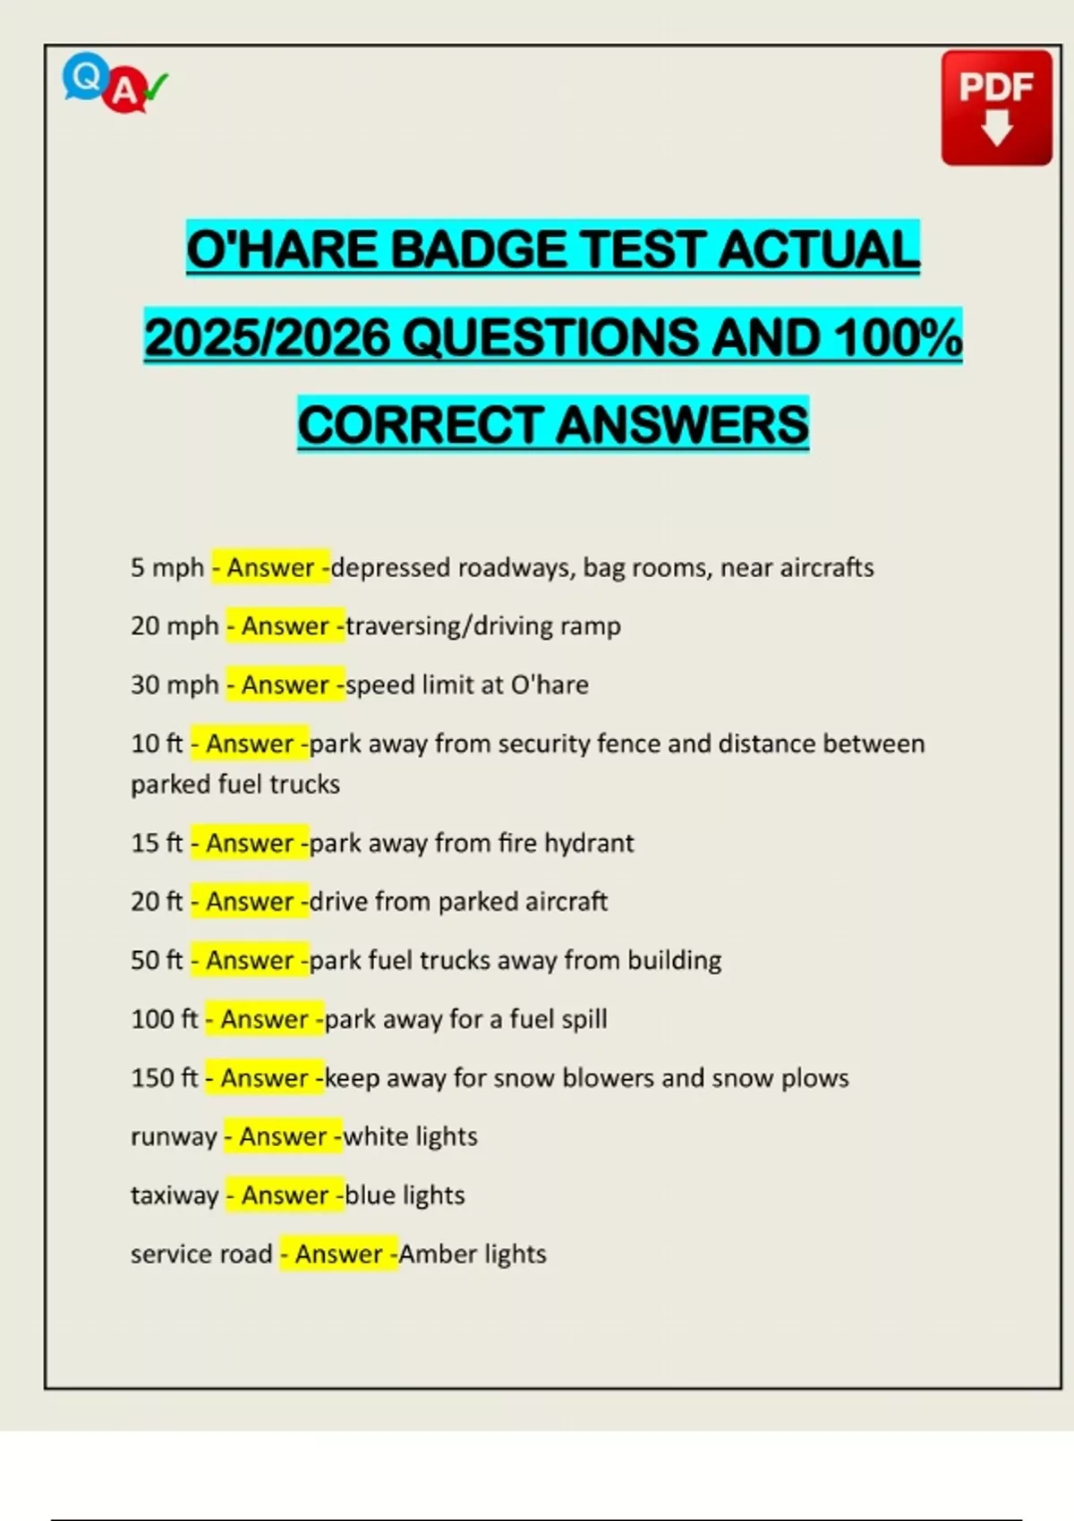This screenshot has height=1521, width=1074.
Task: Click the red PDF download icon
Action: [x=996, y=107]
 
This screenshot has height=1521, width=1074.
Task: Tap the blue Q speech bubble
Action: [x=85, y=77]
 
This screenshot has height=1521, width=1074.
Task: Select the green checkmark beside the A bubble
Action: [x=157, y=87]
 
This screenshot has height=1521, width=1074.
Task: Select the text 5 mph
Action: [x=167, y=567]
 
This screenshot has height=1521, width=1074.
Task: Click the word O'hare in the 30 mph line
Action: [x=549, y=684]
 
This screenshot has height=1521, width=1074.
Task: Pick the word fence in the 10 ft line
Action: [x=627, y=744]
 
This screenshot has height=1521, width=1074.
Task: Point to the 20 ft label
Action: [x=157, y=902]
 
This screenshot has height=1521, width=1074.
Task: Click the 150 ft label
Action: [x=164, y=1078]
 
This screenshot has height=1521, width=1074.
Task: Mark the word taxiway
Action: [x=175, y=1196]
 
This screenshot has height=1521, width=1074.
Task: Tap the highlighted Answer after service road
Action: [x=338, y=1254]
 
